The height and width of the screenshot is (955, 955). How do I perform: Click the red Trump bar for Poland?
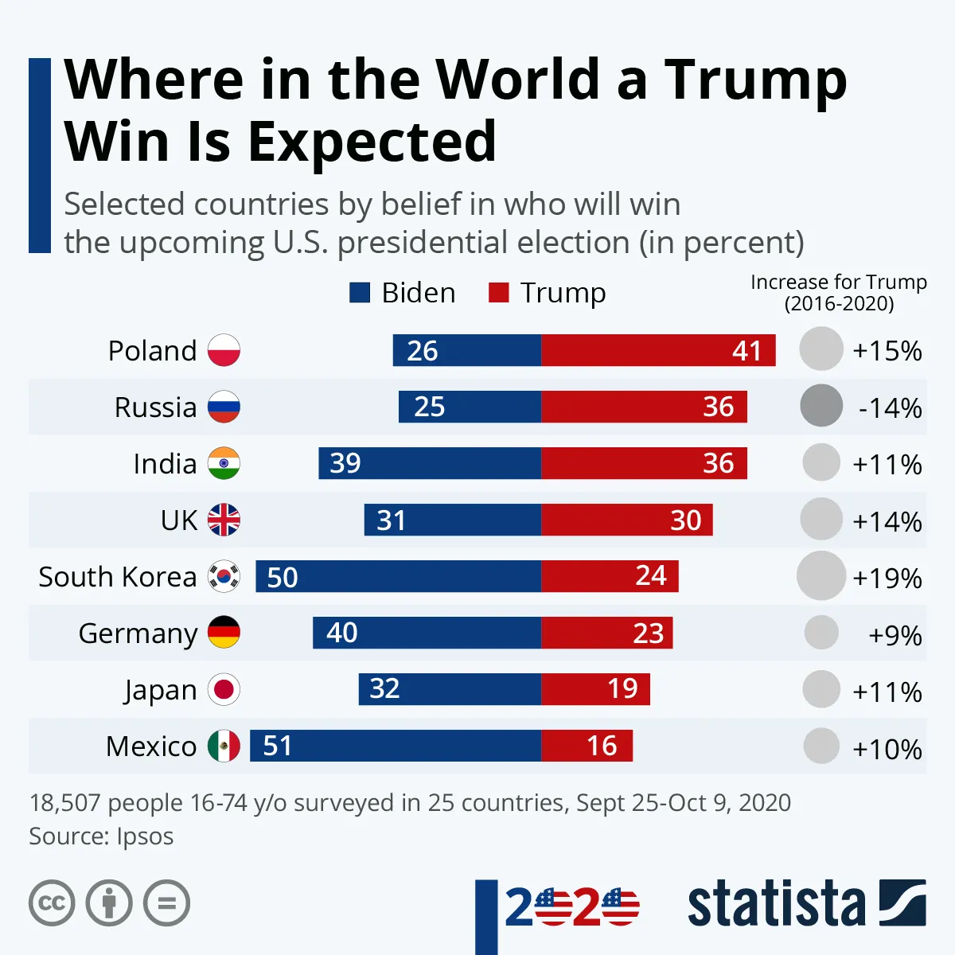click(658, 350)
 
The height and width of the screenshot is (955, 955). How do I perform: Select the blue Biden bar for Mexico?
click(396, 746)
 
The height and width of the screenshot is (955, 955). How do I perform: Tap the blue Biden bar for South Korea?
click(398, 576)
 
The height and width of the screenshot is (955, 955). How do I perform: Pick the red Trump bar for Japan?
click(595, 689)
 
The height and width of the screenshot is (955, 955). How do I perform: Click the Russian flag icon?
click(224, 407)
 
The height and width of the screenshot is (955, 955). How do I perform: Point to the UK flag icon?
click(224, 520)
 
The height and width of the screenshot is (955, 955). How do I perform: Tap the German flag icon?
click(224, 633)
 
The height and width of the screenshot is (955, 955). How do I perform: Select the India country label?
click(165, 464)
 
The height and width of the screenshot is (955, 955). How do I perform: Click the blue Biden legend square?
click(360, 293)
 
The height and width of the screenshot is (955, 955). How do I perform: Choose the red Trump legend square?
click(498, 293)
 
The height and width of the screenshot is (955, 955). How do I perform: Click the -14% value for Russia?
click(890, 408)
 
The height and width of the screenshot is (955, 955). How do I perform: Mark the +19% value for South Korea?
click(887, 578)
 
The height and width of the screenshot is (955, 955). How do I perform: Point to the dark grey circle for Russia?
click(821, 406)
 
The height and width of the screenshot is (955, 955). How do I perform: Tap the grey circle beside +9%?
click(821, 633)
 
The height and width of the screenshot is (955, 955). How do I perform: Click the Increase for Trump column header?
click(839, 293)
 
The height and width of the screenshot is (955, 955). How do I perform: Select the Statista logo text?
click(776, 904)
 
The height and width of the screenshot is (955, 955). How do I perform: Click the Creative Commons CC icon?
click(52, 903)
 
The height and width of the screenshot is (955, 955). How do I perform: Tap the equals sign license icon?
click(167, 903)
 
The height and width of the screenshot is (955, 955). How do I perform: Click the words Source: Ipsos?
click(101, 836)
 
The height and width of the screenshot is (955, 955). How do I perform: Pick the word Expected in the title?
click(372, 142)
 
